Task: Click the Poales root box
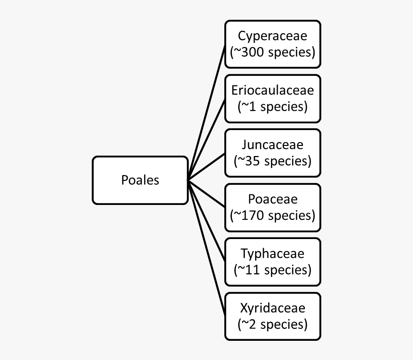click(x=140, y=180)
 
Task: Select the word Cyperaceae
click(x=272, y=36)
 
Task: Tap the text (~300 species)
click(x=272, y=52)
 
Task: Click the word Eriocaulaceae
click(x=272, y=90)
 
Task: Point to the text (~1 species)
click(x=272, y=106)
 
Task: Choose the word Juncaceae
click(x=272, y=144)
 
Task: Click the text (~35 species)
click(x=272, y=161)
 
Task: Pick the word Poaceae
click(x=272, y=199)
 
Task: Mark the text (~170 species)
click(x=272, y=215)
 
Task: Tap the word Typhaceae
click(x=272, y=253)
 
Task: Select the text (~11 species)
click(x=272, y=270)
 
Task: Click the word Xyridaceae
click(x=272, y=308)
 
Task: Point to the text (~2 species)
click(x=272, y=324)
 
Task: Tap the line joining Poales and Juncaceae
click(x=206, y=166)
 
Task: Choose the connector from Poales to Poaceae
click(x=206, y=193)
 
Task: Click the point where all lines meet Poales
click(x=188, y=180)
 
